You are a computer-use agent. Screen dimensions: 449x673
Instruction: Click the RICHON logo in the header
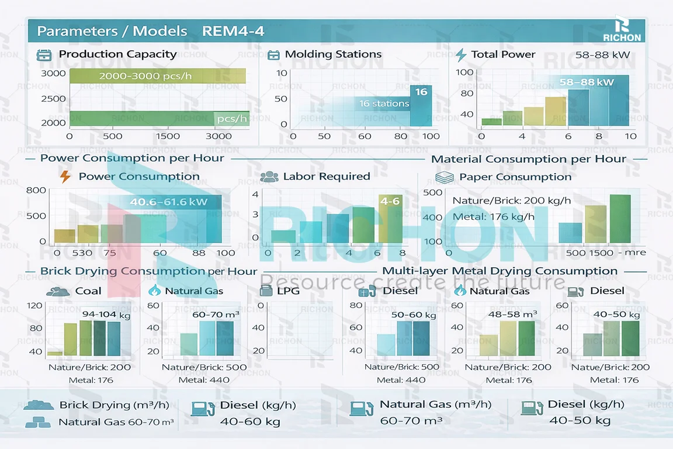pos(622,30)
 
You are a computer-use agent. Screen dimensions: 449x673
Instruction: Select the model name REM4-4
pos(233,31)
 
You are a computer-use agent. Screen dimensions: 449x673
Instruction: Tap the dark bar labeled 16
pos(421,92)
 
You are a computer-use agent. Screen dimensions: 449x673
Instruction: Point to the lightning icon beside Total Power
pos(461,55)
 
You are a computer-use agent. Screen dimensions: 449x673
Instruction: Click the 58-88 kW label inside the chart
pos(587,82)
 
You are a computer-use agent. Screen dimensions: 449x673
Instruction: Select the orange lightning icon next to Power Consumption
pos(65,177)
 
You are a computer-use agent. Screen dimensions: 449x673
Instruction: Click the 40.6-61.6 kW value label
pos(168,203)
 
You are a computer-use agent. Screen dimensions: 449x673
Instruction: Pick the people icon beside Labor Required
pos(269,177)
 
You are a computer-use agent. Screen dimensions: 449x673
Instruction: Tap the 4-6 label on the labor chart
pos(390,202)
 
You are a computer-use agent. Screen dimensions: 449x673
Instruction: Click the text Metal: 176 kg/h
pos(494,217)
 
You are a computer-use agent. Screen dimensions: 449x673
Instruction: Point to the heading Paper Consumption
pos(515,177)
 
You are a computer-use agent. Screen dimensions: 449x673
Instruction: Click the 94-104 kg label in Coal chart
pos(106,315)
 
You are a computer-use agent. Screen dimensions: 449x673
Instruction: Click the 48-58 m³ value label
pos(512,315)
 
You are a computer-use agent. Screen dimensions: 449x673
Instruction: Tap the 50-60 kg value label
pos(414,315)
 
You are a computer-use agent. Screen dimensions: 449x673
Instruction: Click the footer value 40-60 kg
pos(250,421)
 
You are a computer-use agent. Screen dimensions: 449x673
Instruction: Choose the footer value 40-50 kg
pos(580,420)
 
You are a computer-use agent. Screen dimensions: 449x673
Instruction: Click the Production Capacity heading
pos(117,54)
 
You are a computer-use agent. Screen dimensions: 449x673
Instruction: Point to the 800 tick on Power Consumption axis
pos(36,191)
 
